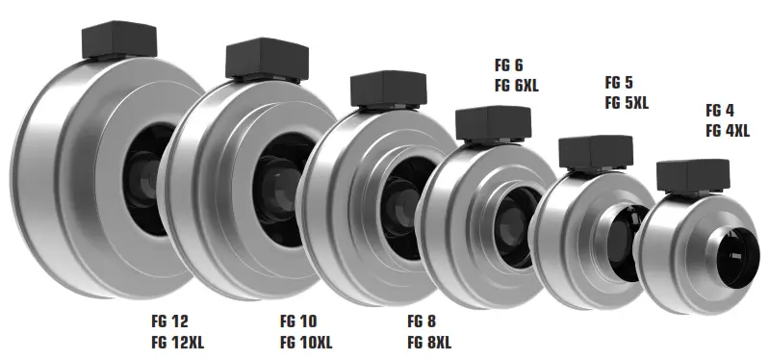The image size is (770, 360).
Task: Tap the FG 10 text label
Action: (x=297, y=321)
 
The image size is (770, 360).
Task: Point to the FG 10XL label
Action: (x=306, y=342)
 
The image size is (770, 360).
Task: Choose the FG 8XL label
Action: (x=428, y=342)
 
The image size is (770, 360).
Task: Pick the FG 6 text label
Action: (x=507, y=64)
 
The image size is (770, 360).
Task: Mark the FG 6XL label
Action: (x=516, y=86)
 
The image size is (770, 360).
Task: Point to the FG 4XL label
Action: (x=727, y=131)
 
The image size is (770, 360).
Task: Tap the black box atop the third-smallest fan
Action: (x=492, y=122)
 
